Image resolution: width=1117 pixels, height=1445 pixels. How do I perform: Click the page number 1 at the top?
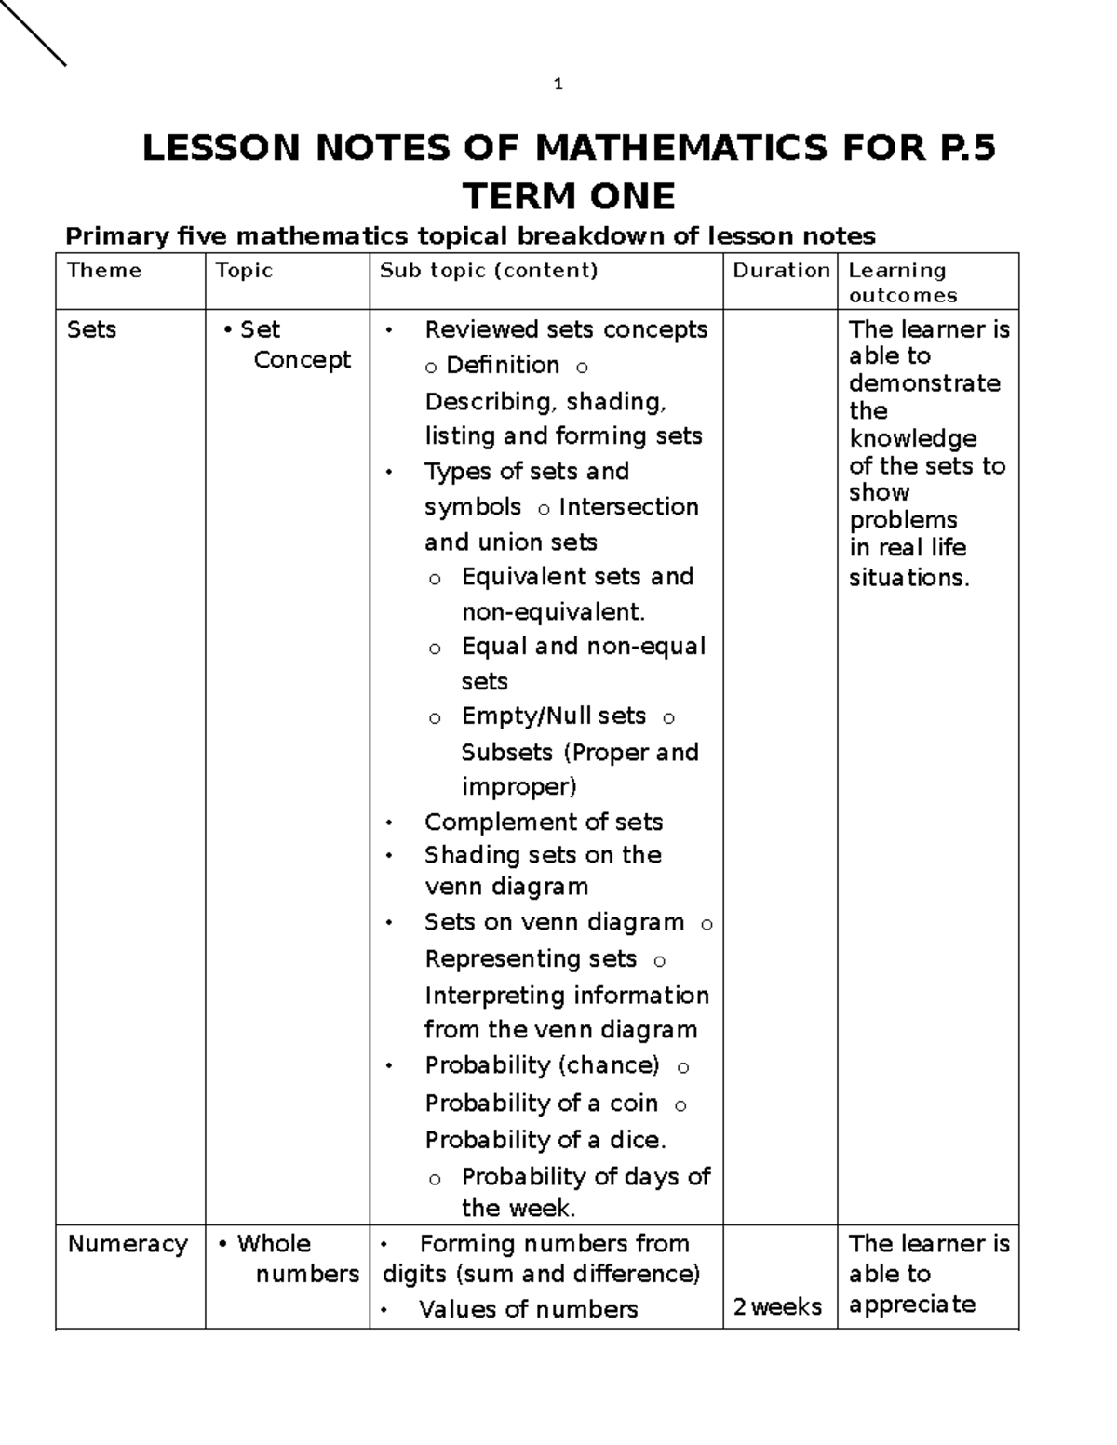click(558, 85)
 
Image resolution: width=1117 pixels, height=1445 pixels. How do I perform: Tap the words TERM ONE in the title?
click(569, 196)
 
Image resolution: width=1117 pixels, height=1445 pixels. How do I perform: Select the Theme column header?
click(104, 271)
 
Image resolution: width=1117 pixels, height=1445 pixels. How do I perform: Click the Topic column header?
click(244, 271)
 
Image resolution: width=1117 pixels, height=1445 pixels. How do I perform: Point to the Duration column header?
click(781, 271)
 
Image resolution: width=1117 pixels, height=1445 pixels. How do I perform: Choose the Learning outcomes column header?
click(902, 282)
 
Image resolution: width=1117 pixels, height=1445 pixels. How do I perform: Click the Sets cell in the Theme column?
click(91, 329)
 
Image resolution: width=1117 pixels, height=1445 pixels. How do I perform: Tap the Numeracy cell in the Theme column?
click(128, 1244)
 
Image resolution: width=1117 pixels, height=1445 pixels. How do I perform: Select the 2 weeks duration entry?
click(777, 1307)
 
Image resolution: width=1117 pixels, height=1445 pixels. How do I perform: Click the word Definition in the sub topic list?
click(503, 365)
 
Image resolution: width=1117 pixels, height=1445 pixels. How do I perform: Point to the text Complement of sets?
click(543, 822)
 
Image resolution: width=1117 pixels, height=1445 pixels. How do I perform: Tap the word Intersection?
click(628, 507)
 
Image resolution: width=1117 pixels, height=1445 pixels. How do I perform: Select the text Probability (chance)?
click(542, 1065)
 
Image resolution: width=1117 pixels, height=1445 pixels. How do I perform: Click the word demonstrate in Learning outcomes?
click(924, 383)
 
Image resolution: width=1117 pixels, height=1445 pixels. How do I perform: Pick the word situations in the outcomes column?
click(908, 578)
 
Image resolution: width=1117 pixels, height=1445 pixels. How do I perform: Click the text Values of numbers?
click(528, 1309)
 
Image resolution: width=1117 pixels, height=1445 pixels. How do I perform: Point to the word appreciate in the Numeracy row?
click(911, 1304)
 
